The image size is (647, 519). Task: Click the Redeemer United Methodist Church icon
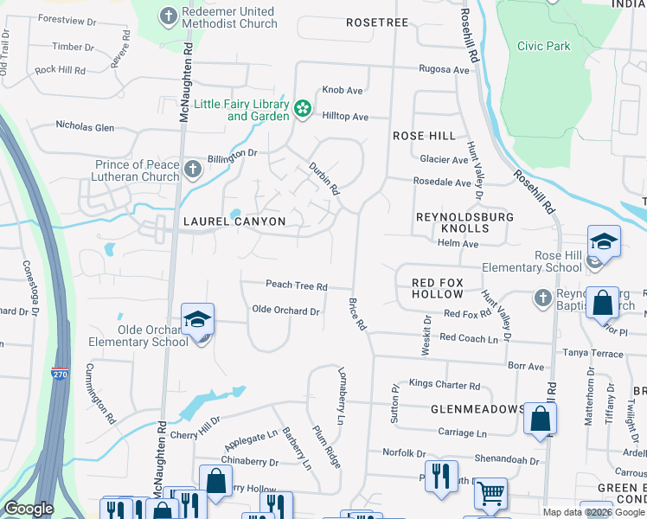pyautogui.click(x=169, y=15)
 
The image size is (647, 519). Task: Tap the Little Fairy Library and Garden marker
pyautogui.click(x=302, y=108)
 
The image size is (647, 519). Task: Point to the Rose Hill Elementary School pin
pyautogui.click(x=604, y=241)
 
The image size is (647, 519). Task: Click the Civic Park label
pyautogui.click(x=543, y=46)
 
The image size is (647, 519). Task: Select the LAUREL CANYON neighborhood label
pyautogui.click(x=234, y=221)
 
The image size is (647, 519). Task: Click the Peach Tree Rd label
pyautogui.click(x=296, y=285)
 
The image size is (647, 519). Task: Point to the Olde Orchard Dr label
pyautogui.click(x=285, y=311)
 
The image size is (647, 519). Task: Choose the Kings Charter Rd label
pyautogui.click(x=444, y=385)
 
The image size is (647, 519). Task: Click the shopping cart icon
pyautogui.click(x=490, y=493)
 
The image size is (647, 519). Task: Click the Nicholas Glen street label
pyautogui.click(x=85, y=127)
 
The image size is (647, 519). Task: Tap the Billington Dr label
pyautogui.click(x=232, y=152)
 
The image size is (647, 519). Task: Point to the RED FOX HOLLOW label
pyautogui.click(x=438, y=289)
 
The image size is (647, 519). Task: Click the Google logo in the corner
pyautogui.click(x=29, y=509)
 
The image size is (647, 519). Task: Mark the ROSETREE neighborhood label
pyautogui.click(x=376, y=21)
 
